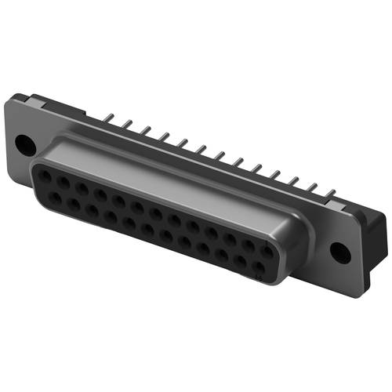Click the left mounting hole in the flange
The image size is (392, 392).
(x=24, y=145)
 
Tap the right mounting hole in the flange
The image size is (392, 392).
(x=338, y=252)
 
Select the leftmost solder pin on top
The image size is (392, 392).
(x=108, y=120)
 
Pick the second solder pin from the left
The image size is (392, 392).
(x=125, y=125)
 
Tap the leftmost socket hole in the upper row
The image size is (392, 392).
(x=44, y=174)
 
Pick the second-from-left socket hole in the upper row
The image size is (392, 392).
(x=63, y=180)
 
